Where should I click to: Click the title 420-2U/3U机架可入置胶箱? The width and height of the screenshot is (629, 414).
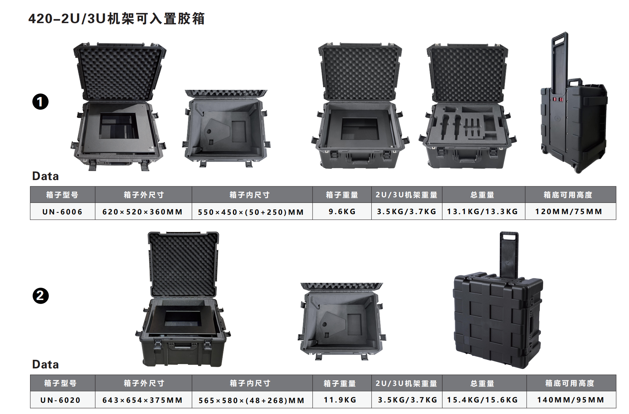pyautogui.click(x=116, y=19)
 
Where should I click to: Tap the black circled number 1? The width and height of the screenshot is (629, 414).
pyautogui.click(x=40, y=102)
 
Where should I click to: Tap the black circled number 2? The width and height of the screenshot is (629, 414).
pyautogui.click(x=40, y=295)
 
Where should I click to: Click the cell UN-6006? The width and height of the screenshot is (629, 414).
pyautogui.click(x=62, y=211)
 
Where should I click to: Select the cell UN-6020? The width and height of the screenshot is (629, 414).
pyautogui.click(x=60, y=400)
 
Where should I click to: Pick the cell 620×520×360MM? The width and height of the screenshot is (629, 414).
pyautogui.click(x=143, y=211)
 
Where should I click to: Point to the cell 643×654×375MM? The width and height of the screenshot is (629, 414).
pyautogui.click(x=143, y=400)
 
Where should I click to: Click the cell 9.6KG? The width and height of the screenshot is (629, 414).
pyautogui.click(x=342, y=211)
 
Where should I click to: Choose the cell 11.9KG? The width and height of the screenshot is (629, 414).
pyautogui.click(x=340, y=400)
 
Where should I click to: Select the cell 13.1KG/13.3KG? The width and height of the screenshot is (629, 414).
pyautogui.click(x=483, y=211)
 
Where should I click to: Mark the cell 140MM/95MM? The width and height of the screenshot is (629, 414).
pyautogui.click(x=571, y=400)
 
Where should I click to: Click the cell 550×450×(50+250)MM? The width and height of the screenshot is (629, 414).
pyautogui.click(x=251, y=212)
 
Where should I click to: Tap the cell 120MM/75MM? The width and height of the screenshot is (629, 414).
pyautogui.click(x=569, y=211)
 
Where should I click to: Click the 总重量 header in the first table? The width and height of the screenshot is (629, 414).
pyautogui.click(x=483, y=195)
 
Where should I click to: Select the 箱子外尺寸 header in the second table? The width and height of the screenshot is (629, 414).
pyautogui.click(x=144, y=383)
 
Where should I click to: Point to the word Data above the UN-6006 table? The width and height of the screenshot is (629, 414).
pyautogui.click(x=46, y=176)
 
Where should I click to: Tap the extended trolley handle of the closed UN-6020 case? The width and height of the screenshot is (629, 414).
pyautogui.click(x=509, y=254)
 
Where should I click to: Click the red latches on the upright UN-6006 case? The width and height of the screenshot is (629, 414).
pyautogui.click(x=558, y=99)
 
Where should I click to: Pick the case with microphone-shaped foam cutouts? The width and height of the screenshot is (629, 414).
pyautogui.click(x=467, y=106)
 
